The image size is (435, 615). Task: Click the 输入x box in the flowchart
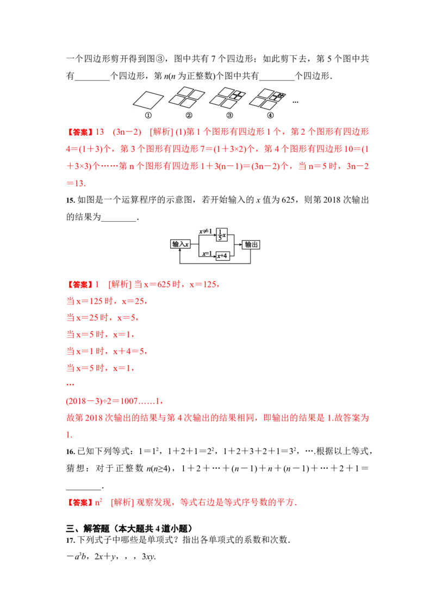coord(180,244)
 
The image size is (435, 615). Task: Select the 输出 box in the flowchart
coord(251,244)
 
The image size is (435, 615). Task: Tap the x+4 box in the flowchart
coord(222,256)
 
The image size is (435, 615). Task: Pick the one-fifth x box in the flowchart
coord(222,235)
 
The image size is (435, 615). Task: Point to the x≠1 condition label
coord(206,231)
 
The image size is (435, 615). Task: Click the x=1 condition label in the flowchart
coord(207,254)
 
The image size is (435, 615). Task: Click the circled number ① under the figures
coord(148,115)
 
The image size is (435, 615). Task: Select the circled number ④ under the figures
coord(270,115)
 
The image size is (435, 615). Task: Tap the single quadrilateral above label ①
coord(148,99)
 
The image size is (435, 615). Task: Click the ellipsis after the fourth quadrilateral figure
coord(295,102)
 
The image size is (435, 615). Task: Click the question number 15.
coord(70,200)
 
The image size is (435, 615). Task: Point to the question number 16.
coord(70,451)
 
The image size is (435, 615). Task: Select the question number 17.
coord(70,540)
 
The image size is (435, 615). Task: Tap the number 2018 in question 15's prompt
coord(331,199)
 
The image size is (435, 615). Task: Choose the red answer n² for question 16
coord(98,501)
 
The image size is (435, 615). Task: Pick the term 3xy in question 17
coord(148,556)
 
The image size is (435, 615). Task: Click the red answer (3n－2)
coord(127,132)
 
